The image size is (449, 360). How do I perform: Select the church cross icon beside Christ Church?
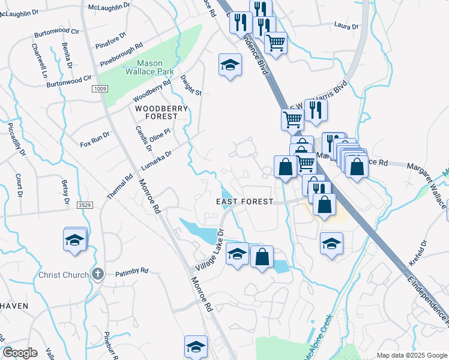(x=98, y=275)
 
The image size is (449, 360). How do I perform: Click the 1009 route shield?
(x=100, y=89)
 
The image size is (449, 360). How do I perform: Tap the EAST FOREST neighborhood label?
(x=244, y=202)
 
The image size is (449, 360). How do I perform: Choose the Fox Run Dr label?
(x=95, y=140)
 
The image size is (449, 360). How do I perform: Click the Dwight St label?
(x=191, y=85)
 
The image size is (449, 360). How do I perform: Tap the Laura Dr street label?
(x=346, y=26)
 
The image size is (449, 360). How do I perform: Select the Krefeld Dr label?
(x=418, y=253)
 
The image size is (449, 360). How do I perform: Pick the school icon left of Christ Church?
(x=75, y=240)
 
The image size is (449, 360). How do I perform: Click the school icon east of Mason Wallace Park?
(x=229, y=65)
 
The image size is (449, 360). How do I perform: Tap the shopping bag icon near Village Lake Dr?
(x=262, y=257)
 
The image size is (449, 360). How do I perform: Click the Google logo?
(x=20, y=353)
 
